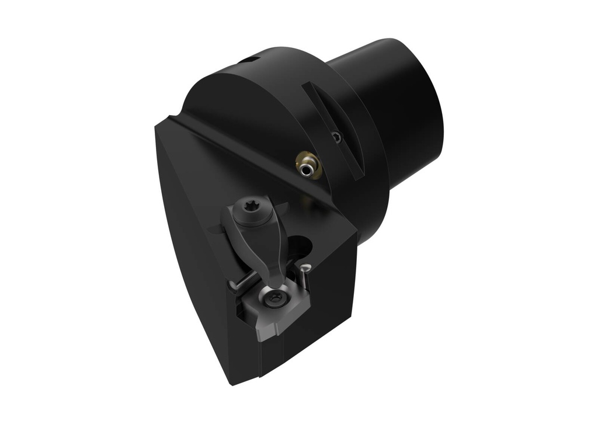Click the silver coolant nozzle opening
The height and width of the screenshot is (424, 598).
pyautogui.click(x=307, y=169)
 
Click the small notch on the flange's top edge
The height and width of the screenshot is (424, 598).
pyautogui.click(x=250, y=60)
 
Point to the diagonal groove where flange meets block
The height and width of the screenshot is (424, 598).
pyautogui.click(x=245, y=153)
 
